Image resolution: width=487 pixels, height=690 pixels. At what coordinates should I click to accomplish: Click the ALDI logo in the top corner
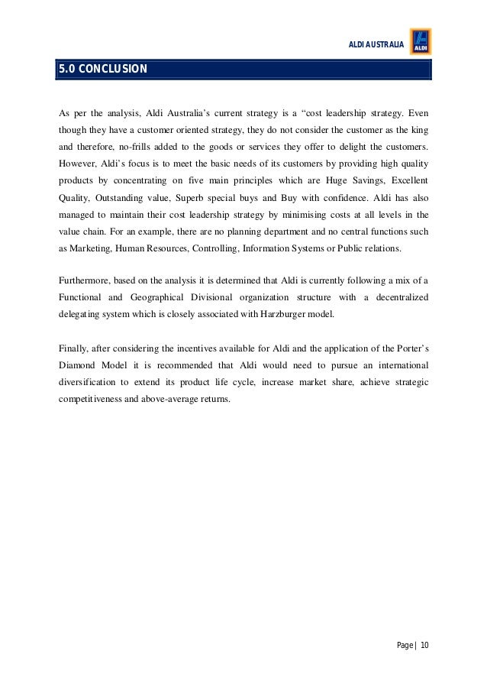421,42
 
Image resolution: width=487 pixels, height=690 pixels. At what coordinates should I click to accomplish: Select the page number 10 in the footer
424,646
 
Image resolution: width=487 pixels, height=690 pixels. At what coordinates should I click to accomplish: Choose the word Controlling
216,248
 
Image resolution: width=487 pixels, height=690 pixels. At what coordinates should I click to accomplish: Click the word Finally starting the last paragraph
74,347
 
